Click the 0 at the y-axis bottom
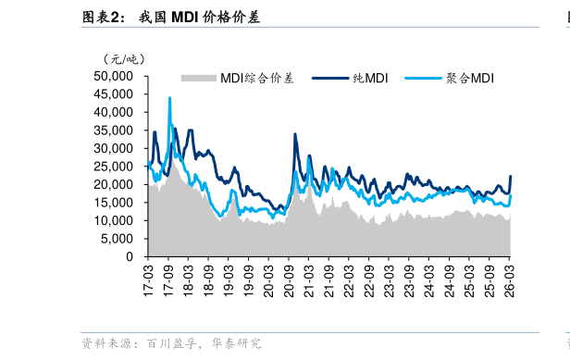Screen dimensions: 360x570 pyautogui.click(x=130, y=256)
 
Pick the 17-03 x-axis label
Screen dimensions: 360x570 pyautogui.click(x=148, y=277)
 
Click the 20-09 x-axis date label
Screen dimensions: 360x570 pyautogui.click(x=289, y=277)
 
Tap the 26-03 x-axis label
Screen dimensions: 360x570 pyautogui.click(x=510, y=277)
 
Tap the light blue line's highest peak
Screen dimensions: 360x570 pyautogui.click(x=169, y=97)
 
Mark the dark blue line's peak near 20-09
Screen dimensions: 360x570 pyautogui.click(x=295, y=134)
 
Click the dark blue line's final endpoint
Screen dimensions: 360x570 pyautogui.click(x=511, y=177)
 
